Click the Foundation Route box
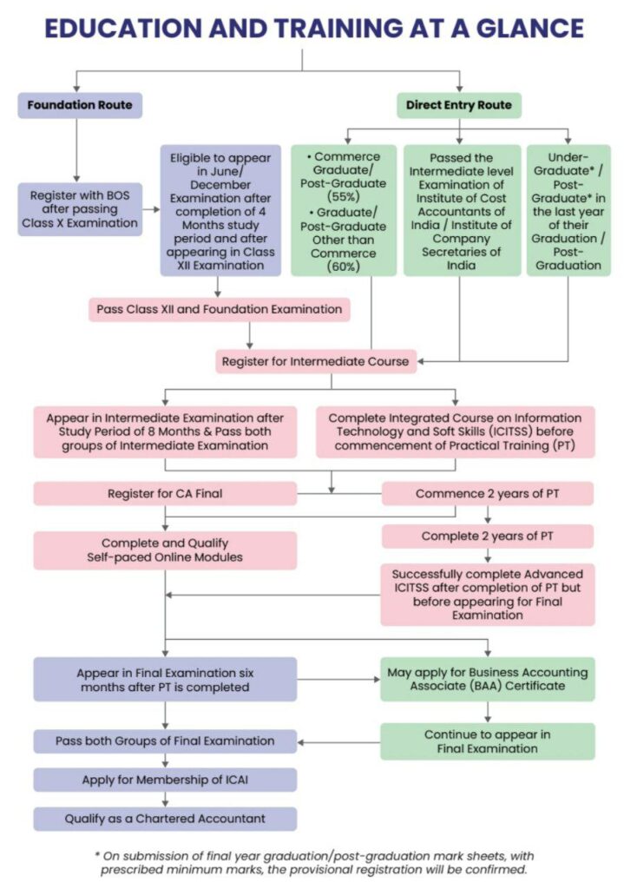(x=80, y=105)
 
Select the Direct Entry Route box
(x=459, y=105)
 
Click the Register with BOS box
(x=80, y=209)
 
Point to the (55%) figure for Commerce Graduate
(x=344, y=197)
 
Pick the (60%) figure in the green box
(x=344, y=267)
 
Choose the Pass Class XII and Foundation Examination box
(x=220, y=310)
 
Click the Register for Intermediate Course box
(x=316, y=361)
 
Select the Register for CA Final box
(x=165, y=493)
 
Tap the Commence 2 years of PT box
(x=488, y=493)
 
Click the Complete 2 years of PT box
(x=488, y=537)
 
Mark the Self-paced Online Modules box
(x=165, y=550)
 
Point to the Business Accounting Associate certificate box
(x=488, y=679)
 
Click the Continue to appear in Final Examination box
(x=488, y=741)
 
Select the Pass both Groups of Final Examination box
(x=165, y=741)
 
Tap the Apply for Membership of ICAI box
(x=165, y=780)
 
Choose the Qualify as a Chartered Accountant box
(x=165, y=819)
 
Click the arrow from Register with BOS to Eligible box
(x=151, y=209)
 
